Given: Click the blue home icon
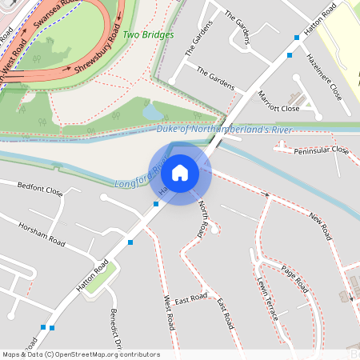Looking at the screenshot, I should pos(180,172).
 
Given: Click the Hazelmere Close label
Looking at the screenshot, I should pos(325,75).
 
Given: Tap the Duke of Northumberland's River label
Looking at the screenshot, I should pos(224,129).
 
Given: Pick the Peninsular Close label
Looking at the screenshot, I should pos(322,150).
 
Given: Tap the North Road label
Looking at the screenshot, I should pos(204,218).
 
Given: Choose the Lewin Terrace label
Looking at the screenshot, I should pos(266,299).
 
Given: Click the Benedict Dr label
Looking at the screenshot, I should pos(116,329).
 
